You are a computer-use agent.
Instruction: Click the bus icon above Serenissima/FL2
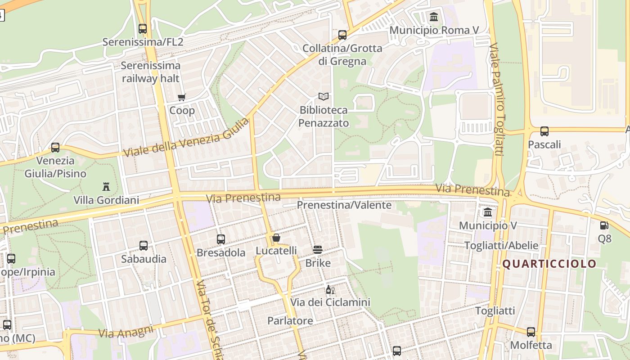point(143,29)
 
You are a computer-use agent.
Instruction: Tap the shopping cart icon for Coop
point(182,97)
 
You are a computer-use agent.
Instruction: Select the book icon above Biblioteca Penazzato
point(324,96)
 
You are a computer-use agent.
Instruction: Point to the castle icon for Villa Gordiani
point(106,186)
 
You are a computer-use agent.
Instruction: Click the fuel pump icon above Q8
point(604,225)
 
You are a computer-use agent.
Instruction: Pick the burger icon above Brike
point(318,250)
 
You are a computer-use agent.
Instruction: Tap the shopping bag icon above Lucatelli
point(276,238)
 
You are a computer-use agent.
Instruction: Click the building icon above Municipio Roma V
point(434,17)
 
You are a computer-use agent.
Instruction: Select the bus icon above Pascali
point(544,131)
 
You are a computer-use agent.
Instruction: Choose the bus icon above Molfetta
point(531,332)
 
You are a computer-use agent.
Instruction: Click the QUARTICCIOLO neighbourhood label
point(549,264)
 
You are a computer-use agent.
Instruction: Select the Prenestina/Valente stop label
point(344,205)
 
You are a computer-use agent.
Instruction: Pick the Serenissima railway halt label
point(150,72)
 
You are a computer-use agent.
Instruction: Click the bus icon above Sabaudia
point(144,246)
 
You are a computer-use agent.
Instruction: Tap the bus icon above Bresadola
point(221,239)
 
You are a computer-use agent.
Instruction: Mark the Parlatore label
point(290,321)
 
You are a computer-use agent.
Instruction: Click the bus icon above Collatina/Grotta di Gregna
point(342,35)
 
